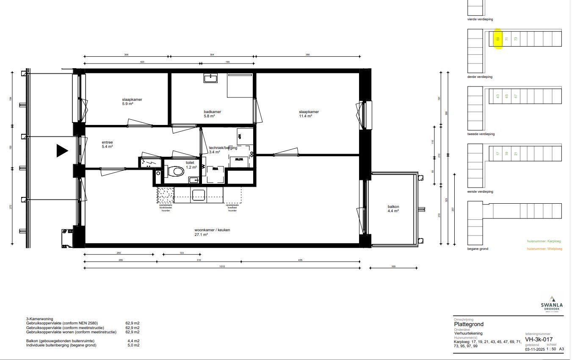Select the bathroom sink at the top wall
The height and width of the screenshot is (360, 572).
click(x=210, y=78)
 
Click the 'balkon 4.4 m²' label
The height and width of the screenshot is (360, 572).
click(x=393, y=209)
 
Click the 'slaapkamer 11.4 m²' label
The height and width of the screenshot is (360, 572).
click(x=309, y=114)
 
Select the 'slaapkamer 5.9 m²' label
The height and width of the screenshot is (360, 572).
click(x=132, y=102)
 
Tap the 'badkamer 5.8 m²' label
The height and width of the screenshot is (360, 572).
click(x=213, y=114)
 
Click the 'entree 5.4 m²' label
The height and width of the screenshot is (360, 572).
click(x=108, y=144)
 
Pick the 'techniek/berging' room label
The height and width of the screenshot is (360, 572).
click(x=223, y=148)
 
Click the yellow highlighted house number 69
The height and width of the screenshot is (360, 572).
click(x=498, y=39)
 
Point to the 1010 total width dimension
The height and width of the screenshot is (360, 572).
click(x=222, y=267)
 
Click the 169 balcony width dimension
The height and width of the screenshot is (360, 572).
click(x=393, y=266)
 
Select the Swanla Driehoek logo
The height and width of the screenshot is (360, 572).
click(x=552, y=303)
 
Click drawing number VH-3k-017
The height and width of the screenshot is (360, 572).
click(x=539, y=339)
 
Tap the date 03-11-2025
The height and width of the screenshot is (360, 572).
click(x=535, y=349)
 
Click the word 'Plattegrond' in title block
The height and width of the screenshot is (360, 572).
click(x=469, y=324)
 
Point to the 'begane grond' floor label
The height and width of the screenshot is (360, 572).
click(x=478, y=249)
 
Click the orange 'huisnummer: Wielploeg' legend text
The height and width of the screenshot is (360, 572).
click(x=544, y=249)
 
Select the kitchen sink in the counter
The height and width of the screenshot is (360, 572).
click(x=199, y=195)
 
